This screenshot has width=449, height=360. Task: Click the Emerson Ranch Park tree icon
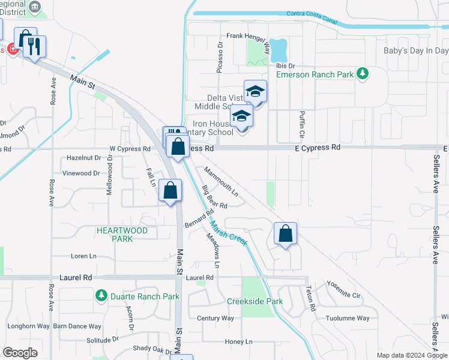362,74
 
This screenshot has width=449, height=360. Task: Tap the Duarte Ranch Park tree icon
101,296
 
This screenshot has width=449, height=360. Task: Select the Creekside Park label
255,301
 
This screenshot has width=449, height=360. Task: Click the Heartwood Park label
122,235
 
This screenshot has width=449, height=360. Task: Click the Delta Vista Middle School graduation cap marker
255,92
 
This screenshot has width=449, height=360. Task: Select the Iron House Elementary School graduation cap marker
241,117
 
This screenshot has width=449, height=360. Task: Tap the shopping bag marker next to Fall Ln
170,191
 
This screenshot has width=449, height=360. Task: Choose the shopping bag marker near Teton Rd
286,233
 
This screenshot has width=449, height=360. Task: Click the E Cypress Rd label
318,147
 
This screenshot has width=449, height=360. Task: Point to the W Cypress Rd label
130,149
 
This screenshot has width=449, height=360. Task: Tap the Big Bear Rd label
214,197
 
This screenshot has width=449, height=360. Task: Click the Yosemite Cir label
343,290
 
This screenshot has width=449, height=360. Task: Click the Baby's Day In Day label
416,50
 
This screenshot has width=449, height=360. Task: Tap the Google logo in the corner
20,353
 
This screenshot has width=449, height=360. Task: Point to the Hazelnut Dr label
84,158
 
